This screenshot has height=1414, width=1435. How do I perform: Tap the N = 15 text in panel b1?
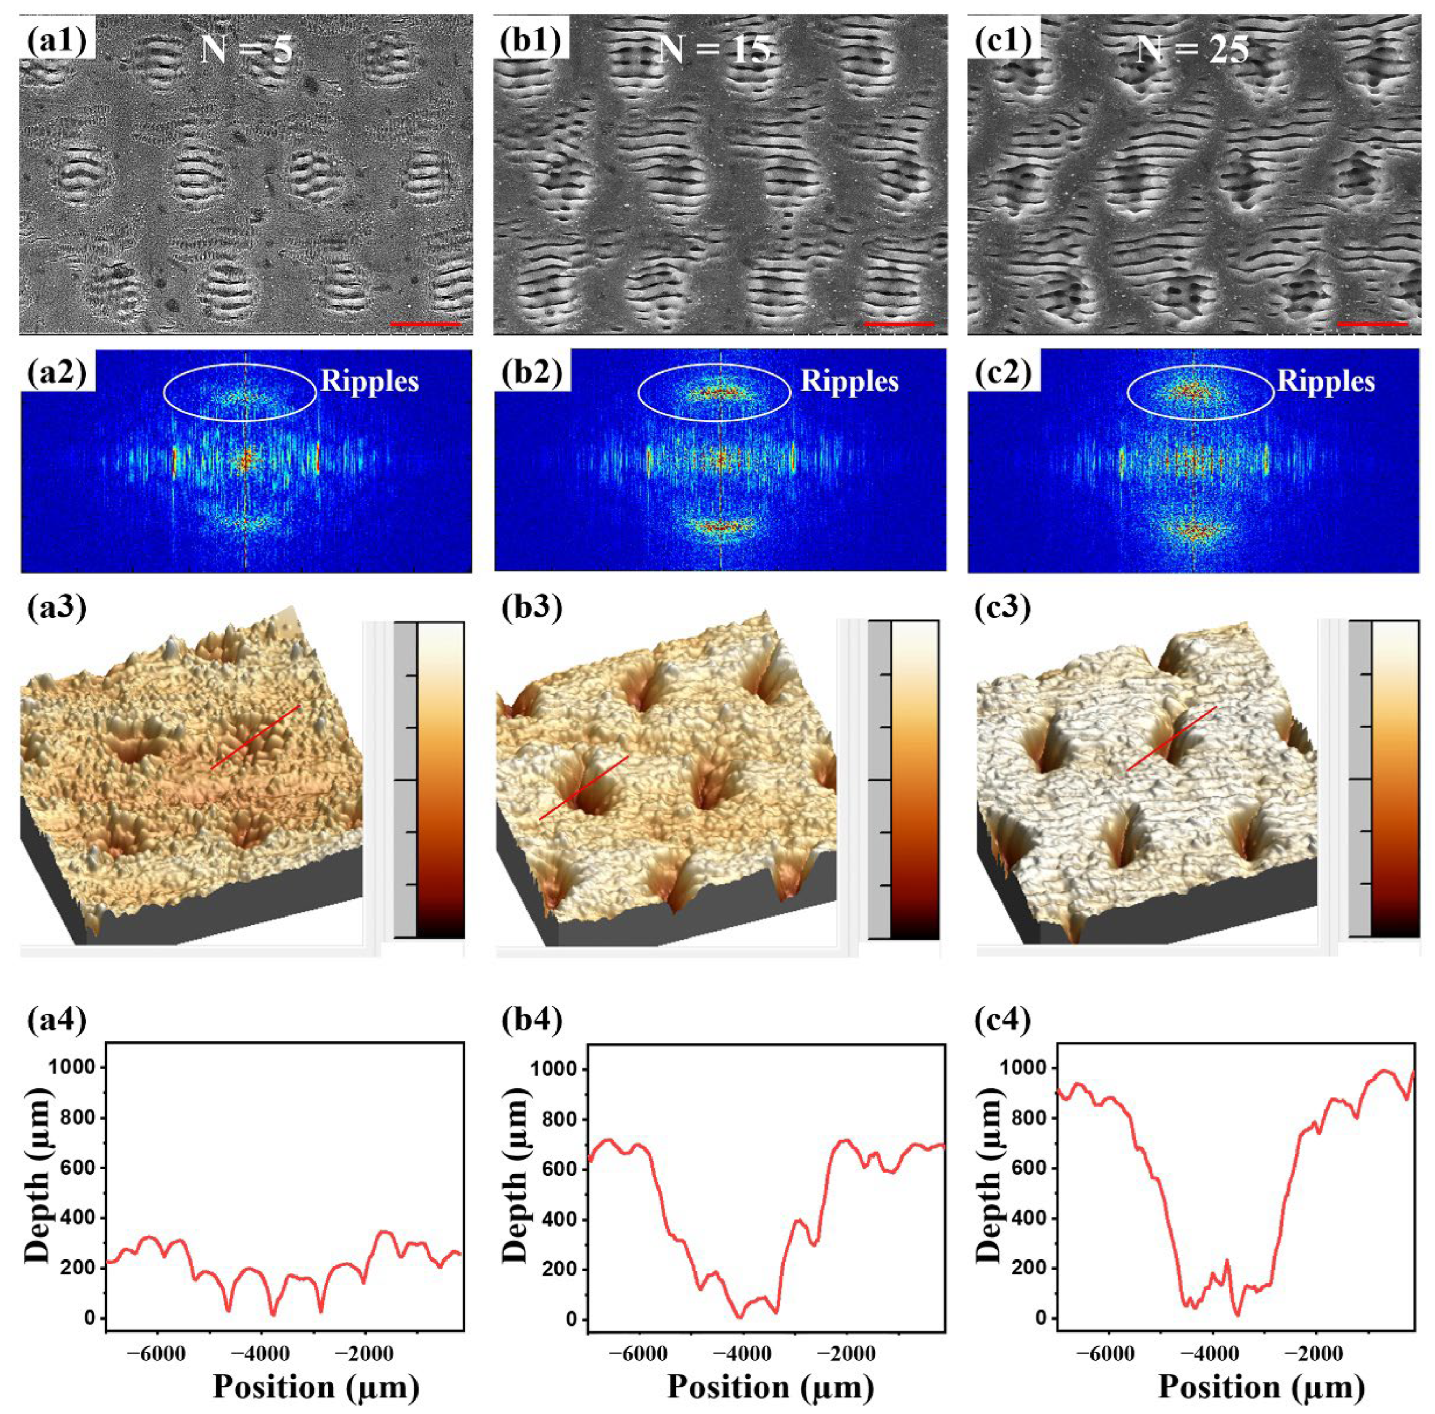714,50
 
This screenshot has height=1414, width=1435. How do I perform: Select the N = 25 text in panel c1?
1192,50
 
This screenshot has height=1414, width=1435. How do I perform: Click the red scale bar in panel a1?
425,325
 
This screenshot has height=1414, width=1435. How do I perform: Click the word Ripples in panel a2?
369,381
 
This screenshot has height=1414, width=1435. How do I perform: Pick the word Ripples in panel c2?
1326,381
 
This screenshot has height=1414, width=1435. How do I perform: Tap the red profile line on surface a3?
255,737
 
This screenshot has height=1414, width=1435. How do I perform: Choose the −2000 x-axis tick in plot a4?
364,1353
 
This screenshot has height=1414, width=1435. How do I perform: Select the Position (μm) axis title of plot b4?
770,1387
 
